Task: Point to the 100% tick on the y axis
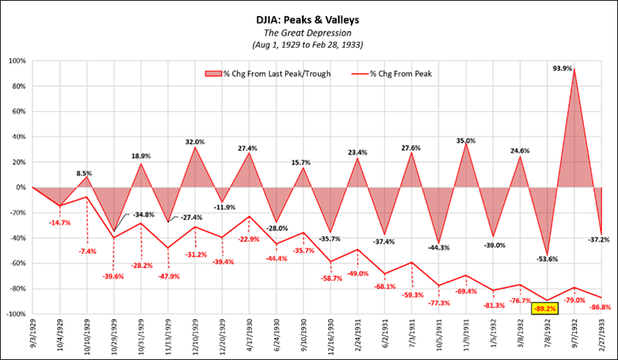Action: (x=17, y=60)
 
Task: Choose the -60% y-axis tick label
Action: (x=17, y=263)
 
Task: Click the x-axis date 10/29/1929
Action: (x=114, y=333)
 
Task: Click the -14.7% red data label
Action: (x=61, y=223)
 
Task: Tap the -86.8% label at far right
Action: (x=599, y=307)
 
